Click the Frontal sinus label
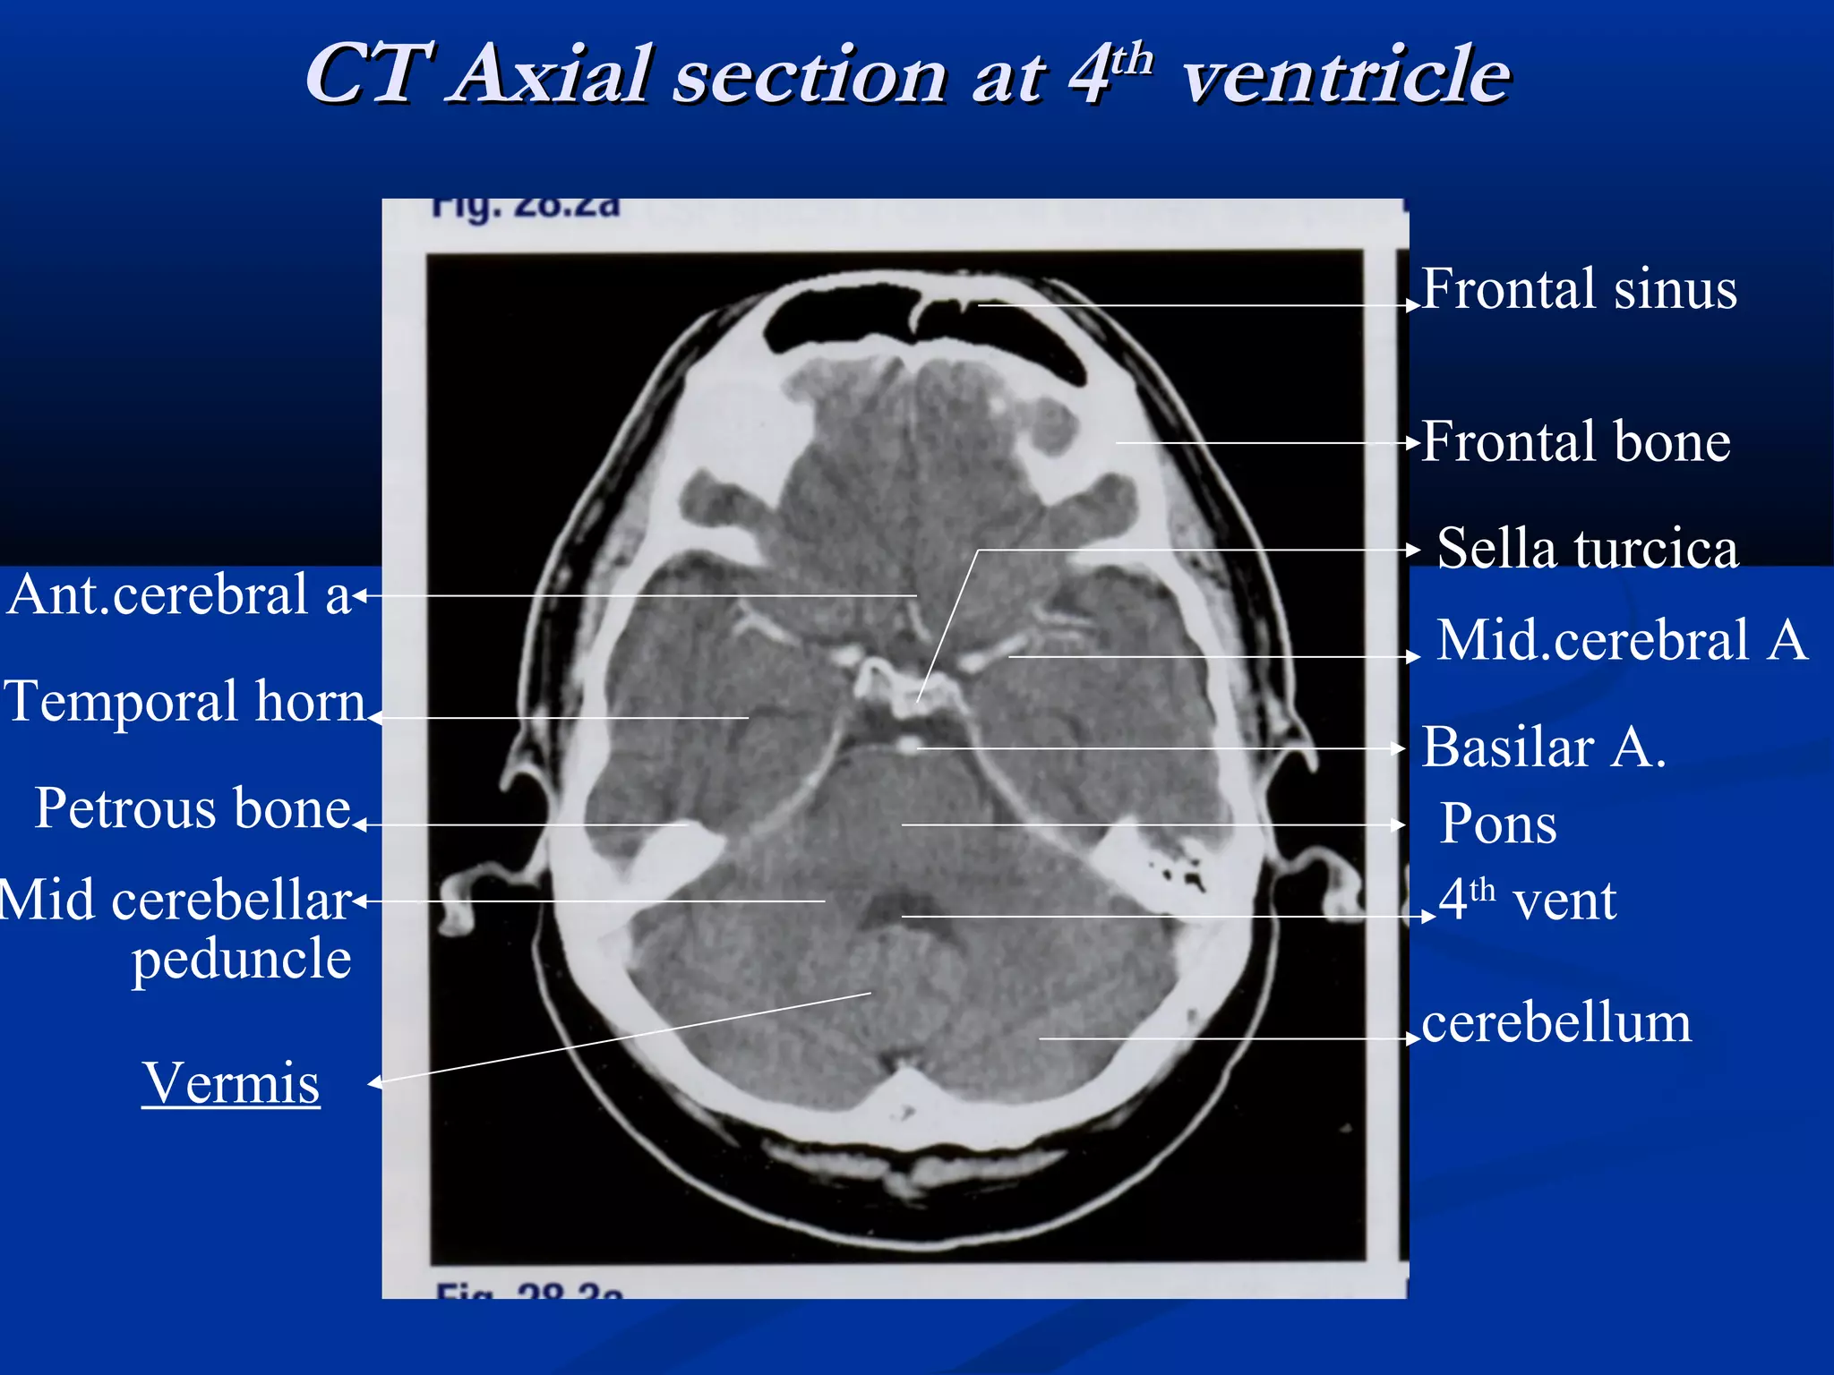pyautogui.click(x=1578, y=289)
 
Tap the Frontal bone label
pyautogui.click(x=1575, y=442)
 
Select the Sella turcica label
pyautogui.click(x=1587, y=548)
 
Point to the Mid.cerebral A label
pyautogui.click(x=1622, y=640)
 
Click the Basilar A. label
pyautogui.click(x=1543, y=747)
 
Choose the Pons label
pyautogui.click(x=1497, y=824)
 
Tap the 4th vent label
pyautogui.click(x=1527, y=900)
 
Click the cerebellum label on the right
pyautogui.click(x=1555, y=1022)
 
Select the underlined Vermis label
pyautogui.click(x=231, y=1083)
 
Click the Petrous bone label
pyautogui.click(x=193, y=808)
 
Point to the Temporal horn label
pyautogui.click(x=185, y=701)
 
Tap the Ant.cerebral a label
pyautogui.click(x=178, y=594)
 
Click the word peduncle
pyautogui.click(x=242, y=960)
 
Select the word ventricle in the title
pyautogui.click(x=1346, y=75)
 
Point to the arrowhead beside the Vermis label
pyautogui.click(x=374, y=1083)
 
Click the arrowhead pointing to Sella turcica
pyautogui.click(x=1415, y=550)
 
